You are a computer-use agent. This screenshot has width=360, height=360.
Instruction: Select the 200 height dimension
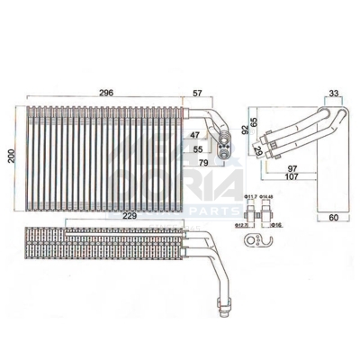(11, 156)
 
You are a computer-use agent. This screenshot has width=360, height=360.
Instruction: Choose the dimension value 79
(203, 162)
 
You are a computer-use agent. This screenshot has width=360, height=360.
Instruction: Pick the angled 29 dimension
(258, 150)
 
